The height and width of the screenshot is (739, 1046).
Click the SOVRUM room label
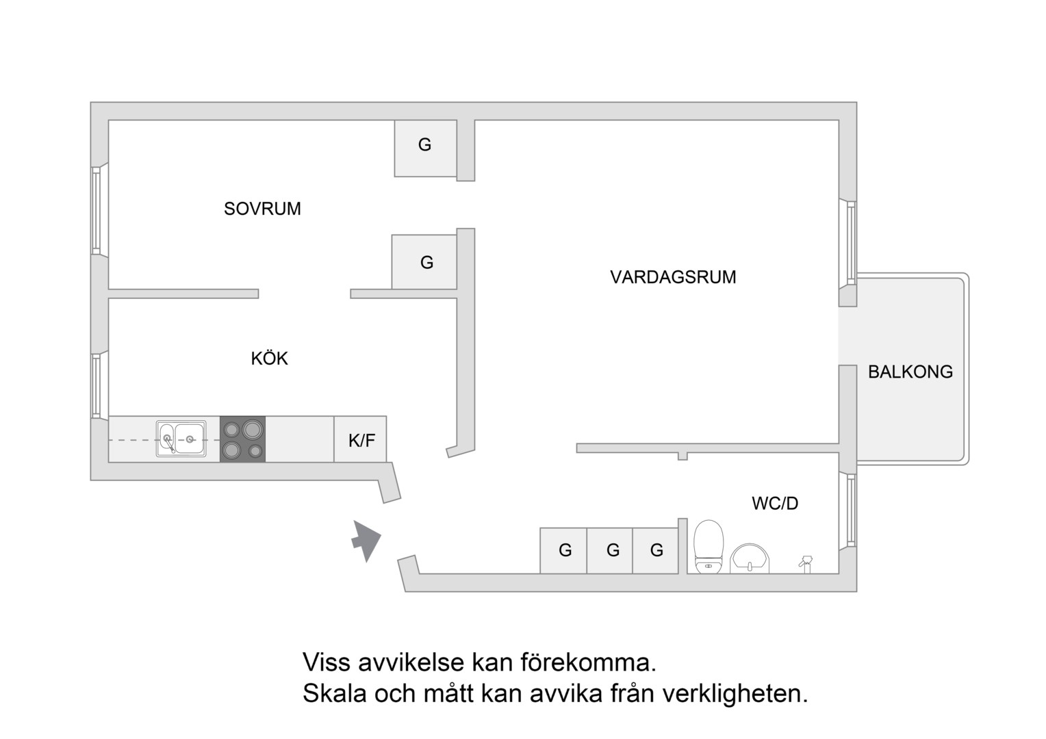coord(262,209)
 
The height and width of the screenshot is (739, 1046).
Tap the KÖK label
coord(270,358)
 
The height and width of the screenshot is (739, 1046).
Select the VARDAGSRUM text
coord(673,277)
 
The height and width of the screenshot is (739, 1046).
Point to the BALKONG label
coord(910,372)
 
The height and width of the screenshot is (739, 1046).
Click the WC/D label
coord(775,503)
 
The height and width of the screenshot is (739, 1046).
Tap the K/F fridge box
coord(360,439)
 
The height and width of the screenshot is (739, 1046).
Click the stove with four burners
coord(243,439)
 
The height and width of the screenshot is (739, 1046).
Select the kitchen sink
coord(181,439)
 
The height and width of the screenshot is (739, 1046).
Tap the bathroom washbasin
coord(750,558)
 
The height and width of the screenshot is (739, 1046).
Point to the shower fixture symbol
coord(806,563)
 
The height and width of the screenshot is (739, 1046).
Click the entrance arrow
coord(366,541)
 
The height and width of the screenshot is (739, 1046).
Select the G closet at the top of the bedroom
coord(425,148)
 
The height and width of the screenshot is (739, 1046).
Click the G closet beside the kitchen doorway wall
coord(424,262)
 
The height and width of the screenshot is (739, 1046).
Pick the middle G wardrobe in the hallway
coord(610,551)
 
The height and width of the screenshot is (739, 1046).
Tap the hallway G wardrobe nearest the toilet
coord(656,551)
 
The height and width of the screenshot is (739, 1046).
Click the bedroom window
coord(97,211)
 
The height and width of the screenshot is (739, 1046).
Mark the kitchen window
coord(97,385)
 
